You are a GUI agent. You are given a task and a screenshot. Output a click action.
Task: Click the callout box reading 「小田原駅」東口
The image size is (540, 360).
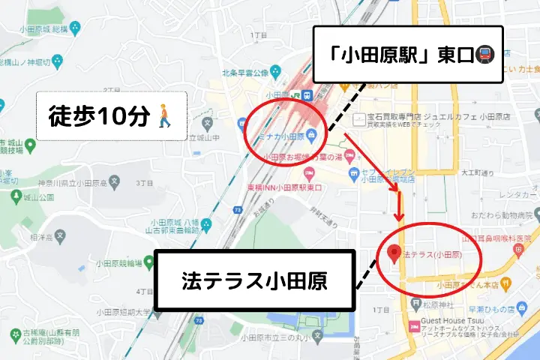coord(406,55)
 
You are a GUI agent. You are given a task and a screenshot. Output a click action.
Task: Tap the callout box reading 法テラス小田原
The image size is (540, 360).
coord(254,280)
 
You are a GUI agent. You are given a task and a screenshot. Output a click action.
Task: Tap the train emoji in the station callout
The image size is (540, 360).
coord(485,55)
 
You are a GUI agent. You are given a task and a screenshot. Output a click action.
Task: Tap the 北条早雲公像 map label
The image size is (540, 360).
coord(244,73)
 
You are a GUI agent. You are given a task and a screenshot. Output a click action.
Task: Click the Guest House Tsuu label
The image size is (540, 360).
coord(453,318)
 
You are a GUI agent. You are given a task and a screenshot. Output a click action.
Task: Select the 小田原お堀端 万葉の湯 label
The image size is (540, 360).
coord(304,157)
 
